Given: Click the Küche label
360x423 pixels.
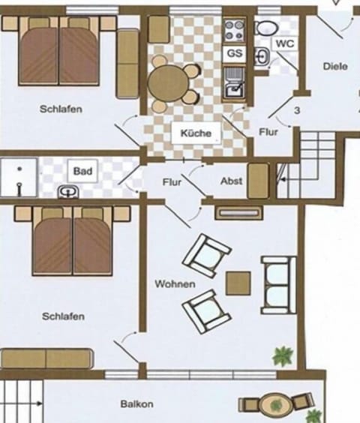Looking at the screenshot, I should pyautogui.click(x=196, y=133).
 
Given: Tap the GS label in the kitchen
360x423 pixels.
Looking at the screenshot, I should pyautogui.click(x=235, y=54).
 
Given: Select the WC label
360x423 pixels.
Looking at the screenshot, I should pyautogui.click(x=284, y=43).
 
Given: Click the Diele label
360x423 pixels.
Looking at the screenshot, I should pyautogui.click(x=335, y=66).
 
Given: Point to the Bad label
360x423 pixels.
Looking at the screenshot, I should pyautogui.click(x=83, y=172).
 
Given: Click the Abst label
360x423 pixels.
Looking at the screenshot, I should pyautogui.click(x=231, y=181).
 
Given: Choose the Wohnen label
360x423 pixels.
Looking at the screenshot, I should pyautogui.click(x=175, y=284).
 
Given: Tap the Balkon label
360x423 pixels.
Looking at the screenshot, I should pyautogui.click(x=136, y=404).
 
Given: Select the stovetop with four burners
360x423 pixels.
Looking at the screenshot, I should pyautogui.click(x=235, y=31).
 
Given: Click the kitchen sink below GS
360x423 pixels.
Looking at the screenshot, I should pyautogui.click(x=233, y=82).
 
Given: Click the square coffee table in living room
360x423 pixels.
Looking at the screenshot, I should pyautogui.click(x=238, y=283).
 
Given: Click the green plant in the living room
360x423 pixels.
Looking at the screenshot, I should pyautogui.click(x=282, y=355).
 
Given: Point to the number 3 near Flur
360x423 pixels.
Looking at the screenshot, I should pyautogui.click(x=298, y=110).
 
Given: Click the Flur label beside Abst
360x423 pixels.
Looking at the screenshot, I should pyautogui.click(x=172, y=182).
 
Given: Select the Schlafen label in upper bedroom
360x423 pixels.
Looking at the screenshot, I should pyautogui.click(x=61, y=109).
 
